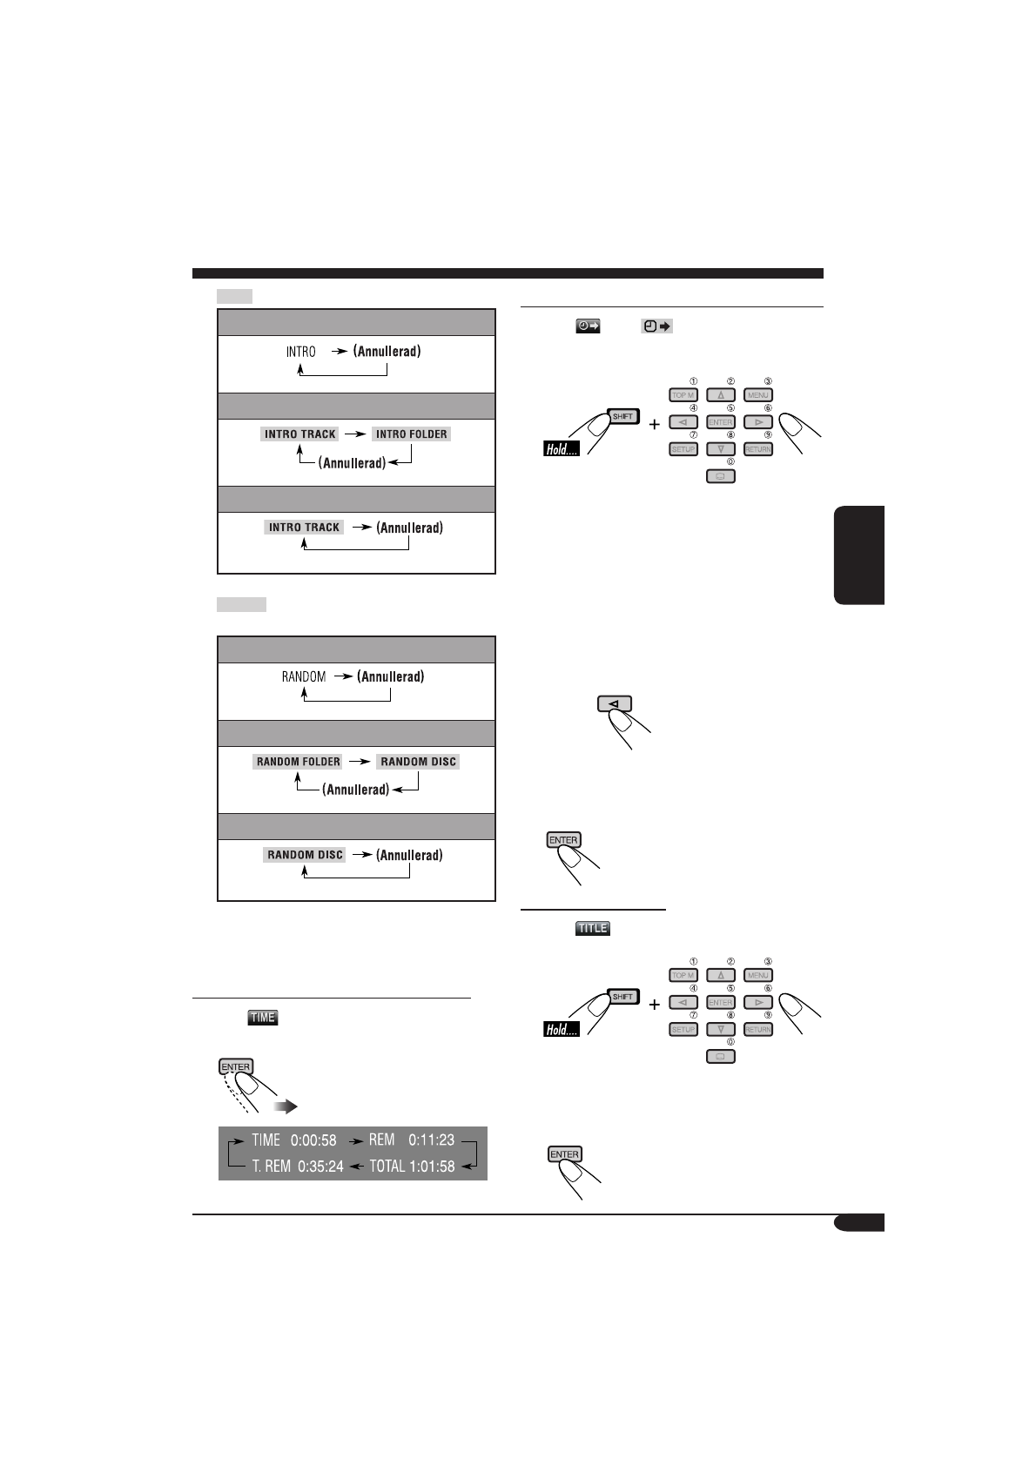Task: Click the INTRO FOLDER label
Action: [411, 434]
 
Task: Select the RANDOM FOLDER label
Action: [298, 762]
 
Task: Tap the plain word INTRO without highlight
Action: [301, 352]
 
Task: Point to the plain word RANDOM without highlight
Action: [304, 676]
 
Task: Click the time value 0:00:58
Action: [313, 1140]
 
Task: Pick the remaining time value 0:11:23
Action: [432, 1140]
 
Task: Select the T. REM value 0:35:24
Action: [320, 1167]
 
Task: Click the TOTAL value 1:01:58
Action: [432, 1167]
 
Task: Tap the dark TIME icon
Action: [262, 1017]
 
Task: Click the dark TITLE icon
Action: [593, 928]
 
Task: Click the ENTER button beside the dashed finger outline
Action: [235, 1066]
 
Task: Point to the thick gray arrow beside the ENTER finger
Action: [285, 1106]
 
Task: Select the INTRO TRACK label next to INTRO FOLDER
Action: [300, 434]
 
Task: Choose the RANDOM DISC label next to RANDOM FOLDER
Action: [418, 762]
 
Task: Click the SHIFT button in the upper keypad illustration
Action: [622, 416]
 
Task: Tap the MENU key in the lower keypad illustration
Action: [758, 976]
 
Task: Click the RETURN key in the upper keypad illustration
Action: [758, 449]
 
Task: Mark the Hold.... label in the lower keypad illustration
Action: [562, 1030]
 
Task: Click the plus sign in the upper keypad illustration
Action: [654, 425]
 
